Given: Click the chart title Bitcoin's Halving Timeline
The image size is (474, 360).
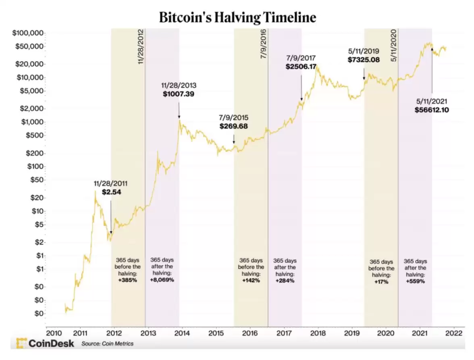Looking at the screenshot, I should (237, 18).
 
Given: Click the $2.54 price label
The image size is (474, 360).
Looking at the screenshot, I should (111, 192).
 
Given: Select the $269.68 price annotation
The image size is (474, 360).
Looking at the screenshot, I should (234, 126).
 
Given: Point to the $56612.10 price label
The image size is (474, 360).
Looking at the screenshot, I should (432, 109).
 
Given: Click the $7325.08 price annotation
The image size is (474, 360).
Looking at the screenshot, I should (364, 59).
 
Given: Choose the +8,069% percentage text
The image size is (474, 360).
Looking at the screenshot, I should (162, 280).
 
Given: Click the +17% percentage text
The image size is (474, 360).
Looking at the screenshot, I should (381, 282).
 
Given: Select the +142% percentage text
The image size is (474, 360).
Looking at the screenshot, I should (251, 280).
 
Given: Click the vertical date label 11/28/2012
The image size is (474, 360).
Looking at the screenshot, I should (141, 46).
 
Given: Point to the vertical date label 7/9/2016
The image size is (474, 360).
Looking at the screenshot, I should (264, 44).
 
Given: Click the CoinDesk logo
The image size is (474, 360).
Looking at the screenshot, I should (45, 343).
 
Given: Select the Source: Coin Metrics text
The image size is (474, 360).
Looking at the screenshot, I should (107, 344).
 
